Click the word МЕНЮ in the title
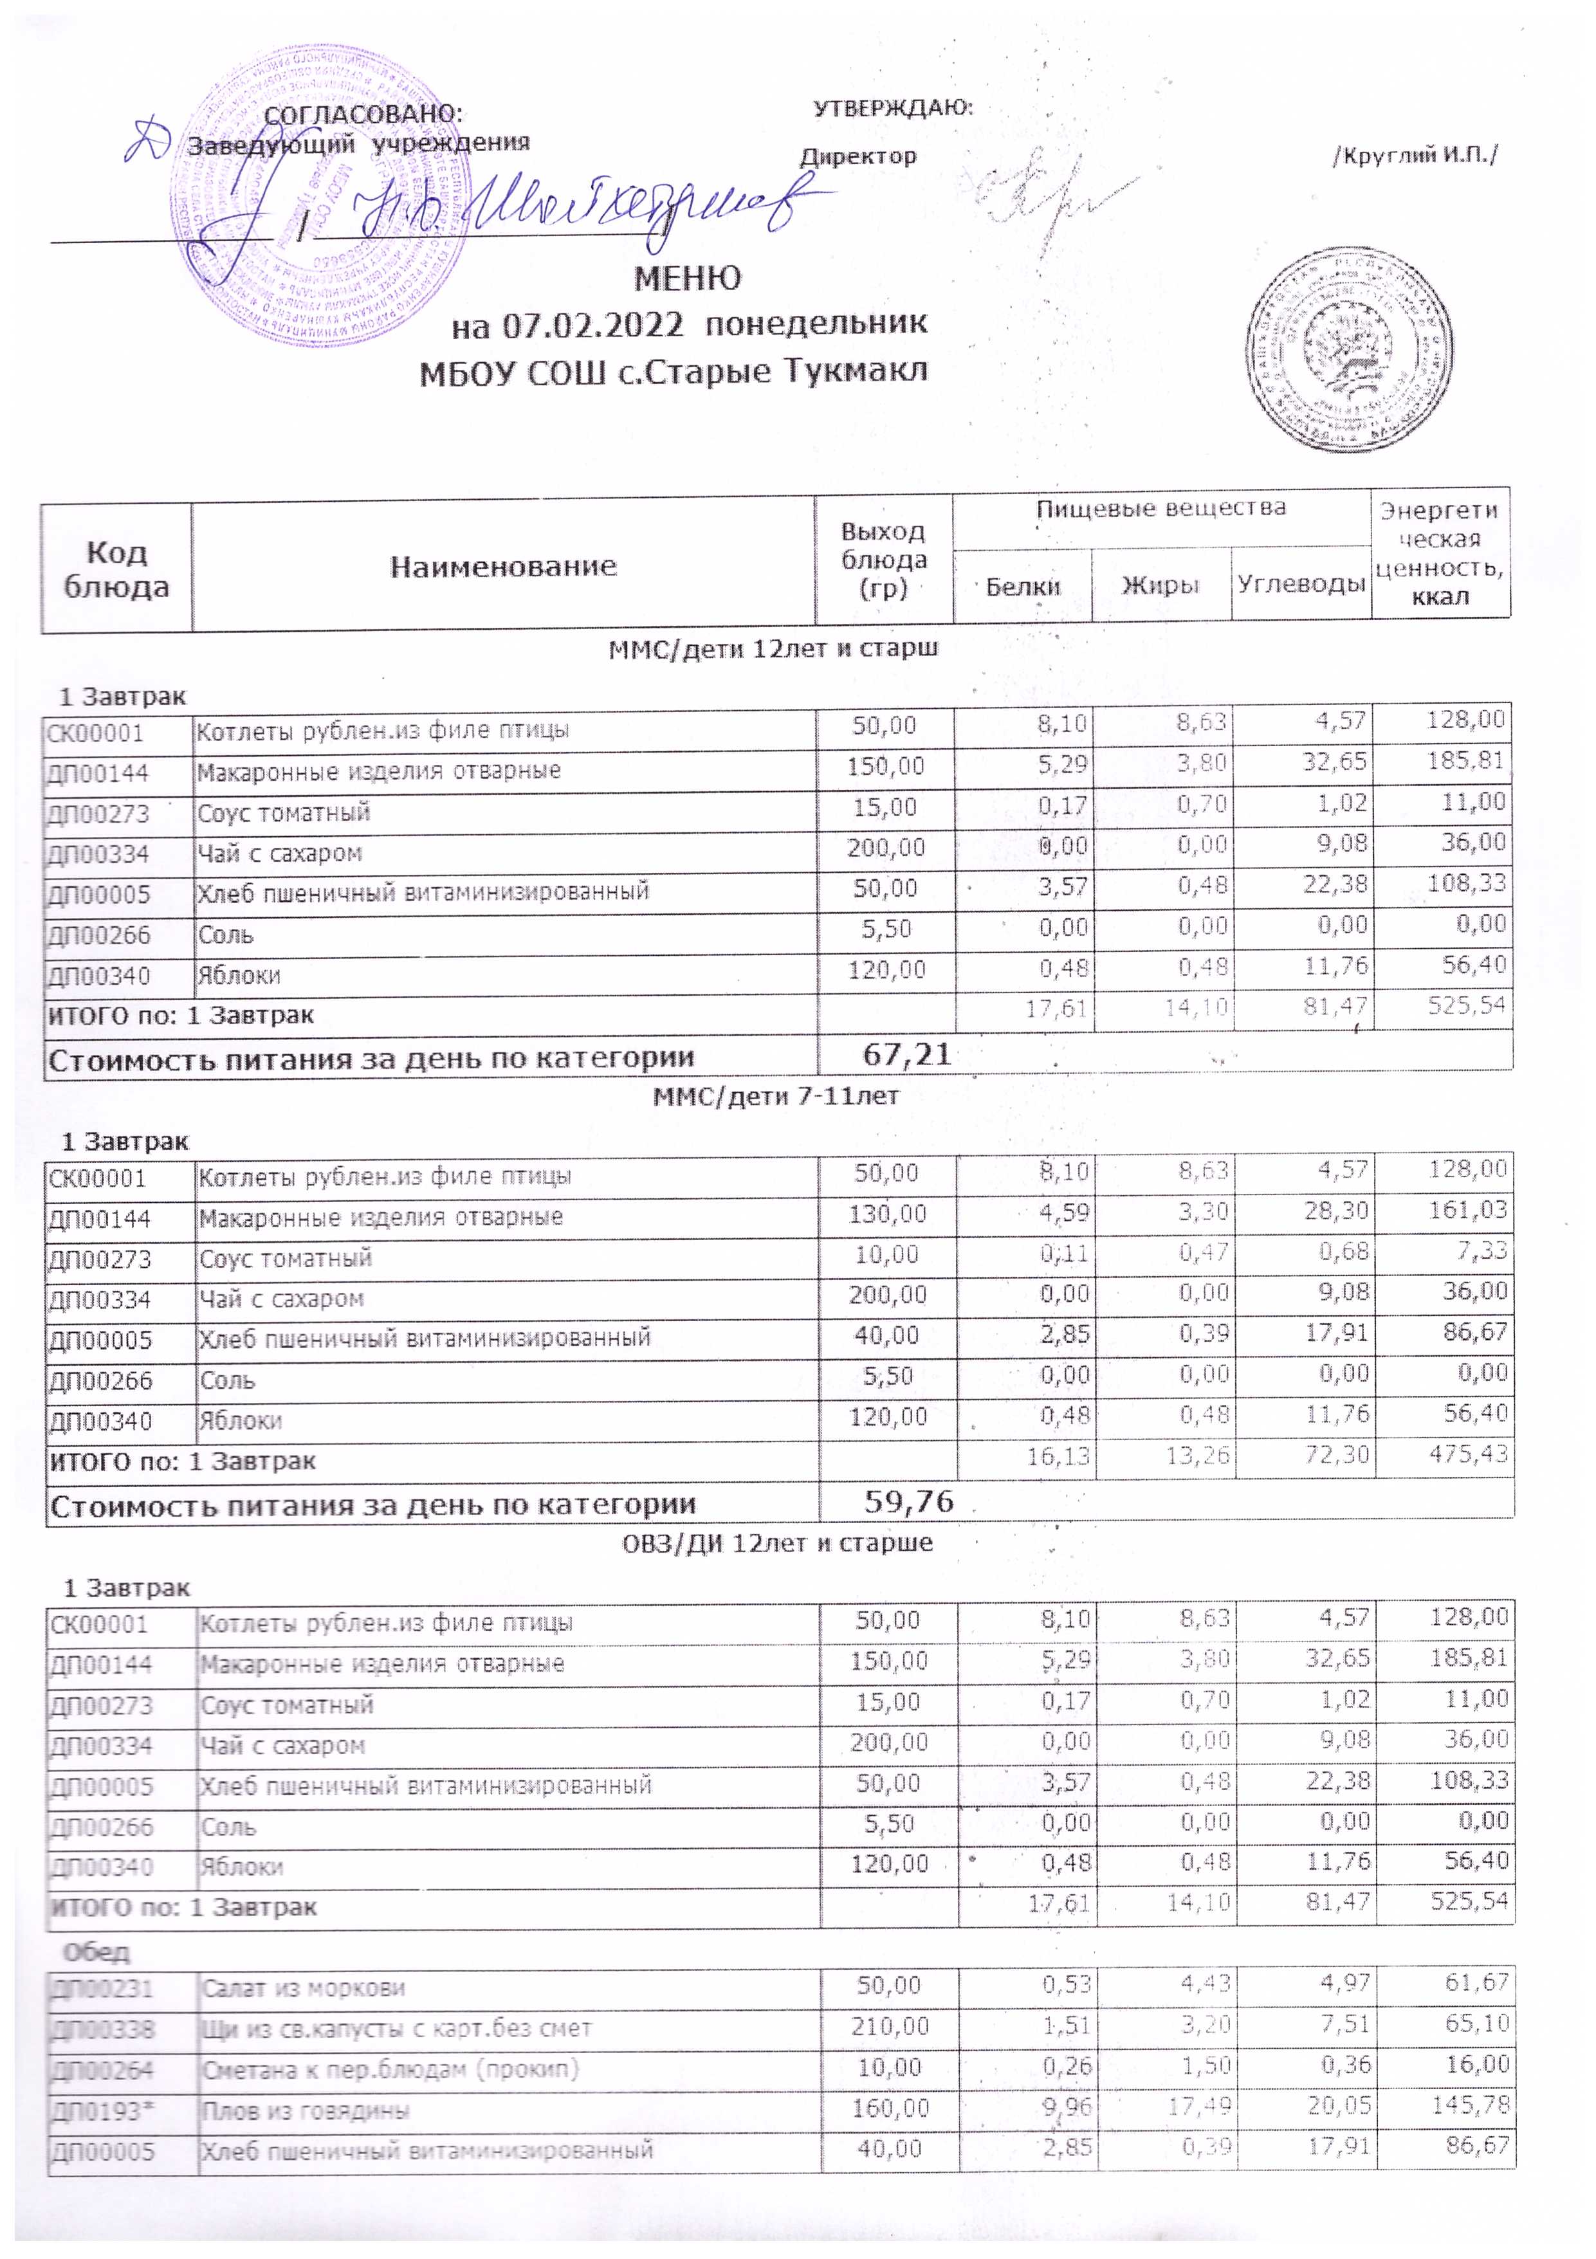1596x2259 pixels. point(687,279)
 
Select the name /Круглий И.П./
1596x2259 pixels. point(1414,156)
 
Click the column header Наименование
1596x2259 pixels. point(503,566)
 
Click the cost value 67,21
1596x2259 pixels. point(907,1055)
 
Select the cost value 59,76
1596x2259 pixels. point(909,1501)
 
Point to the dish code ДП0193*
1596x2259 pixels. point(102,2110)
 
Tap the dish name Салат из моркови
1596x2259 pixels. point(303,1988)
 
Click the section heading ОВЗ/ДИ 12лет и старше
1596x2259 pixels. point(777,1542)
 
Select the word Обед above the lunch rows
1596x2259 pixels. point(96,1951)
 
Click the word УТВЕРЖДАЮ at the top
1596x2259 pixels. point(892,108)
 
